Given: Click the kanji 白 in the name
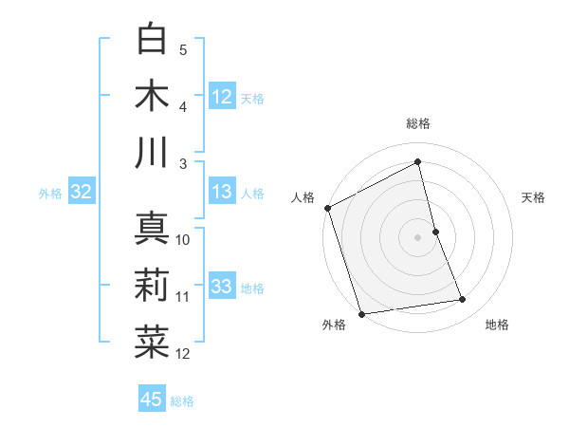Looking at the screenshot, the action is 152,39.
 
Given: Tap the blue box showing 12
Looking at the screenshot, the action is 222,96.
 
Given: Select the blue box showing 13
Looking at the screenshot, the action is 222,192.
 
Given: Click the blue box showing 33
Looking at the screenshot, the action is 222,287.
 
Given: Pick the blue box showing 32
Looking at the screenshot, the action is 81,192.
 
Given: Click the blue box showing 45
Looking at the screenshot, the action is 152,400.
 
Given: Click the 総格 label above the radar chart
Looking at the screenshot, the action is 418,123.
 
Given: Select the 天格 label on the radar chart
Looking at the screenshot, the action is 534,197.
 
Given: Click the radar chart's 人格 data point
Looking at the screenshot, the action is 327,208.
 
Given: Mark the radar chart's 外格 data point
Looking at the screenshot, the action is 361,313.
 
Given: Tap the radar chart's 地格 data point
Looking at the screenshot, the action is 463,300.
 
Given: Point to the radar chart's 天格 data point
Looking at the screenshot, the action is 435,232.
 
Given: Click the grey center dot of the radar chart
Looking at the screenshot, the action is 418,237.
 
